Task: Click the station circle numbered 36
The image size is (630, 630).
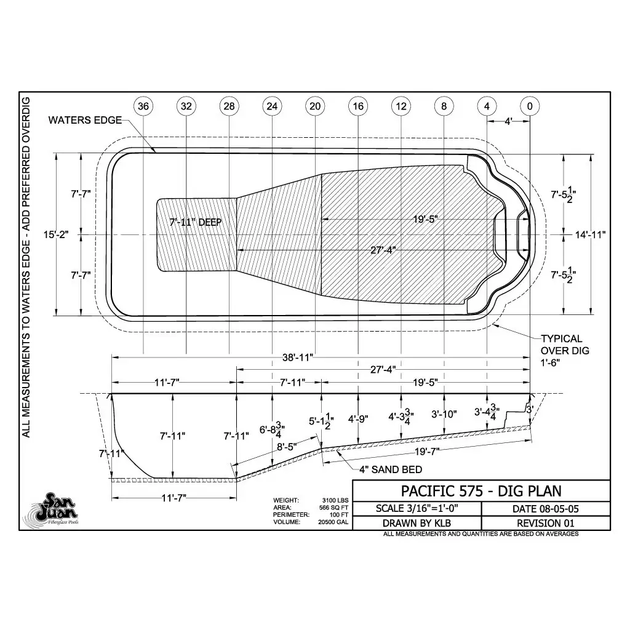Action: [143, 106]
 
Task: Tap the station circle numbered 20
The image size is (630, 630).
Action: [315, 106]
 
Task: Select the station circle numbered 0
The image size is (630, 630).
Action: [530, 106]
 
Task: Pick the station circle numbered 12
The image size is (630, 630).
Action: [401, 106]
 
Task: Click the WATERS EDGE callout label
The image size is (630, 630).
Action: [85, 120]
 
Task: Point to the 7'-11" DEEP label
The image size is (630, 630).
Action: [195, 222]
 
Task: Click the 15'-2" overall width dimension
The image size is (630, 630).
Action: [56, 234]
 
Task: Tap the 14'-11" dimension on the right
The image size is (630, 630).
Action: [590, 234]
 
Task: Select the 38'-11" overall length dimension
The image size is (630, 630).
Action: [297, 357]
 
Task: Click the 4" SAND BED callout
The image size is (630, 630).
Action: [391, 469]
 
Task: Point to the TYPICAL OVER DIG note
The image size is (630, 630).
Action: [565, 350]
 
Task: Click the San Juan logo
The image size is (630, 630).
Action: [55, 508]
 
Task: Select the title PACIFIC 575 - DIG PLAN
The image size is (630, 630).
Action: [481, 491]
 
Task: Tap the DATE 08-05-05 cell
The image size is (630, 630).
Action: [545, 509]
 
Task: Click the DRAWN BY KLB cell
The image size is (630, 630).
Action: [417, 523]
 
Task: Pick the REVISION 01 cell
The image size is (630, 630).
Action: [545, 523]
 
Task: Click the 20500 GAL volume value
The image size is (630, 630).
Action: [333, 522]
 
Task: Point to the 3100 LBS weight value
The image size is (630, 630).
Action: [335, 500]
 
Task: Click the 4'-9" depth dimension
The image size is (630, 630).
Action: [358, 419]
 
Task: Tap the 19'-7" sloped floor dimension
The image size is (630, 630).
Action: [427, 452]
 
